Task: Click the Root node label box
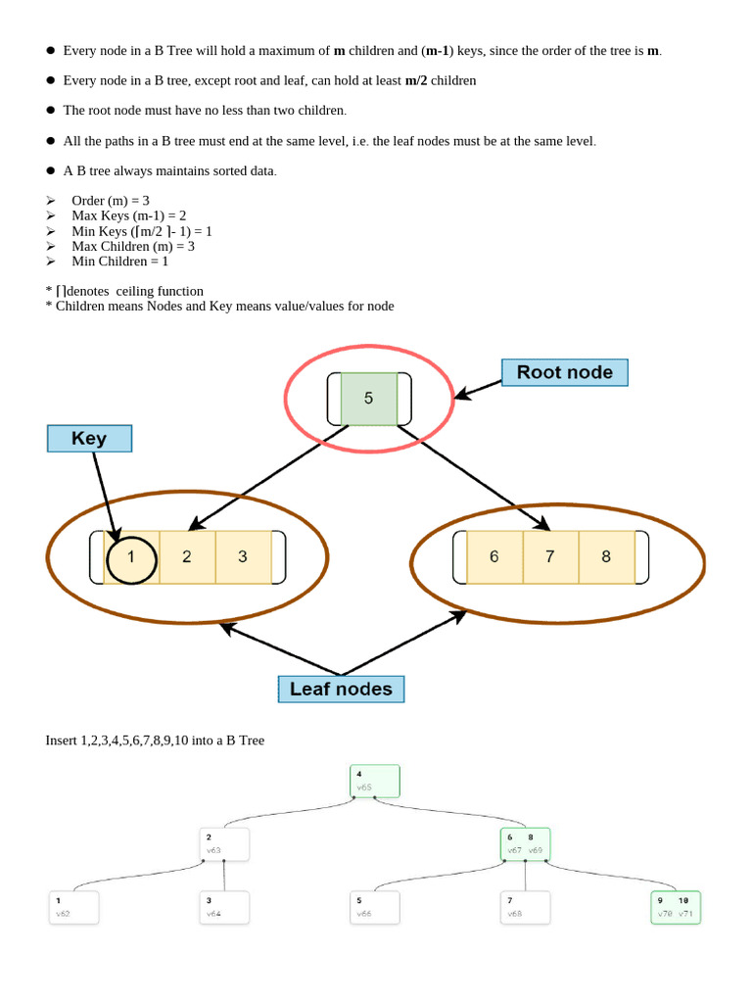pyautogui.click(x=564, y=372)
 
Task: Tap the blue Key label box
pyautogui.click(x=89, y=438)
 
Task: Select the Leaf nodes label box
pyautogui.click(x=341, y=689)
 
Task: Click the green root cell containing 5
pyautogui.click(x=368, y=399)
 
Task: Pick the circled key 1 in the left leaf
pyautogui.click(x=131, y=557)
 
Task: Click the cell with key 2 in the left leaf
pyautogui.click(x=187, y=557)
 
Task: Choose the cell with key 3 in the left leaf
pyautogui.click(x=243, y=557)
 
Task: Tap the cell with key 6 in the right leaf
pyautogui.click(x=494, y=556)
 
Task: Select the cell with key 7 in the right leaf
pyautogui.click(x=550, y=556)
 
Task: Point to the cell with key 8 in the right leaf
pyautogui.click(x=606, y=556)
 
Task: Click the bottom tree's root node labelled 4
pyautogui.click(x=375, y=781)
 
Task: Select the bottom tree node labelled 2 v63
pyautogui.click(x=224, y=844)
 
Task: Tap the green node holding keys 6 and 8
pyautogui.click(x=526, y=844)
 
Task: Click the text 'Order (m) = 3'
pyautogui.click(x=111, y=200)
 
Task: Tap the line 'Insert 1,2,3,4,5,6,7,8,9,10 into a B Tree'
pyautogui.click(x=155, y=740)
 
